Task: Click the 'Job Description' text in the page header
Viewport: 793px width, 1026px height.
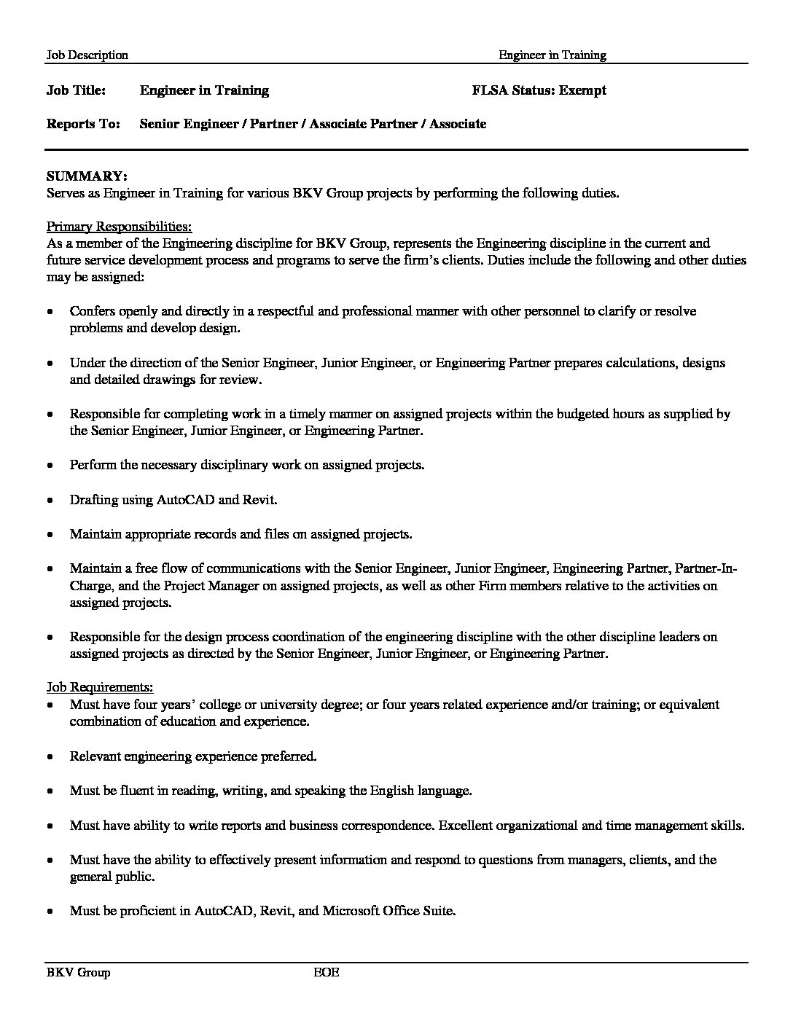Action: [x=87, y=55]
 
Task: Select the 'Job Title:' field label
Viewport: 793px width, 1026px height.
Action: [x=76, y=90]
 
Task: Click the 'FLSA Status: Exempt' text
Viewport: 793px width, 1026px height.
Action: [x=539, y=90]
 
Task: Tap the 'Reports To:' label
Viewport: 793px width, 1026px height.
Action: [x=83, y=124]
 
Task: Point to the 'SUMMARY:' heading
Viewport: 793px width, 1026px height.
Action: [x=87, y=176]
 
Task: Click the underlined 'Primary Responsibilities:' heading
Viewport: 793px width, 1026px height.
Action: [x=119, y=226]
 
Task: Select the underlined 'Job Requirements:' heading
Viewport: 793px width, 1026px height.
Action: [x=100, y=687]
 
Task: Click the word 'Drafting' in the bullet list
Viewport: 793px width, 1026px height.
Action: [x=92, y=500]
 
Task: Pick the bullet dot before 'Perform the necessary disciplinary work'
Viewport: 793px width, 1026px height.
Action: [x=50, y=466]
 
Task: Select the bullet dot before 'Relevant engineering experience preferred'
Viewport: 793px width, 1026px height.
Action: [x=50, y=757]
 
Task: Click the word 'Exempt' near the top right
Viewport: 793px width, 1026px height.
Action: [x=582, y=90]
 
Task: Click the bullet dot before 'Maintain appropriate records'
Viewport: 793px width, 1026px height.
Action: [x=50, y=535]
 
